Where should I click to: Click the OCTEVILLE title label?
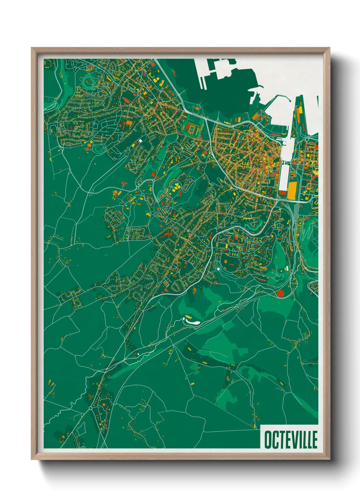click(x=291, y=440)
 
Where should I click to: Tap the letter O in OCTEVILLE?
click(x=267, y=440)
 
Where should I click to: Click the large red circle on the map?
click(x=280, y=293)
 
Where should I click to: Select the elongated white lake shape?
click(x=192, y=321)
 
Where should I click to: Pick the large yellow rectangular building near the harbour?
click(x=292, y=190)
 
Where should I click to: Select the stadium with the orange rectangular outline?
click(x=193, y=129)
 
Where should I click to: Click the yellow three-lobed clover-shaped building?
click(x=177, y=186)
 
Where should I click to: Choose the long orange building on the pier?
click(x=299, y=114)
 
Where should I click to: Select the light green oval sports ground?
click(x=99, y=148)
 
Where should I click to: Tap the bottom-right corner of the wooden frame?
click(x=329, y=459)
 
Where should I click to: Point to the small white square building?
click(x=140, y=140)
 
